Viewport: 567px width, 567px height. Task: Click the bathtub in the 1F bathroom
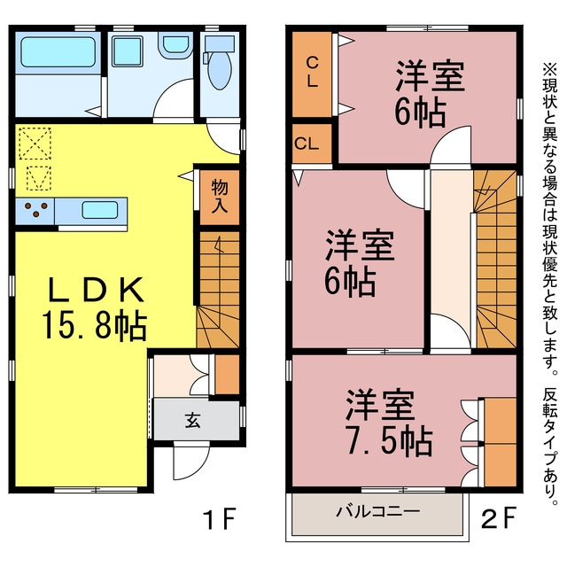(58, 52)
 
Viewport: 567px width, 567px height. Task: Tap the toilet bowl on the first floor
(220, 71)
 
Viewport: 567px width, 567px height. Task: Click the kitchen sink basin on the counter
(100, 210)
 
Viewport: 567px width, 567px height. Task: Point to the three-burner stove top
(35, 211)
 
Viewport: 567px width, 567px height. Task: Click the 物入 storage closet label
(220, 196)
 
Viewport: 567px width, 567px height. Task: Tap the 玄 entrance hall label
(193, 420)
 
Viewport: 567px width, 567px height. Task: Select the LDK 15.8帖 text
(95, 307)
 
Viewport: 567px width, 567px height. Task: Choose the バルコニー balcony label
(378, 511)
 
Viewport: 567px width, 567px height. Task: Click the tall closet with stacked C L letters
(312, 74)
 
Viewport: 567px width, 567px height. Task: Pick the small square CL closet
(312, 144)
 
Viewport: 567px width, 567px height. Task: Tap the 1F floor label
(221, 518)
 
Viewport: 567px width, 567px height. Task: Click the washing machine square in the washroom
(127, 51)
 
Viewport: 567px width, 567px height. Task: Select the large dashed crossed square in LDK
(35, 144)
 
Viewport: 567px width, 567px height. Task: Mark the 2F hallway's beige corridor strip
(452, 242)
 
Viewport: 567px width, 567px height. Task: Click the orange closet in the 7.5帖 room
(500, 442)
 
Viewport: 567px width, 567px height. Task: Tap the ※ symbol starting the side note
(549, 68)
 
